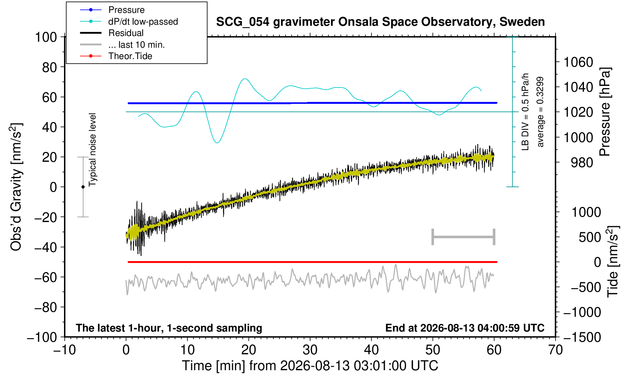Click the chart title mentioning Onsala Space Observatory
pyautogui.click(x=380, y=22)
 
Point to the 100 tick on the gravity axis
pyautogui.click(x=46, y=37)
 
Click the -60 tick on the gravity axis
pyautogui.click(x=46, y=277)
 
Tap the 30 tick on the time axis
pyautogui.click(x=310, y=350)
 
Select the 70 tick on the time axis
pyautogui.click(x=555, y=350)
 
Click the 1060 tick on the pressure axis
pyautogui.click(x=578, y=62)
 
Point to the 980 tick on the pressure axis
pyautogui.click(x=582, y=163)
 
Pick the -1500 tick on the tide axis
pyautogui.click(x=582, y=337)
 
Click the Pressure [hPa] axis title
pyautogui.click(x=605, y=112)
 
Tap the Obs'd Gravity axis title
pyautogui.click(x=16, y=187)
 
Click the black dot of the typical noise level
pyautogui.click(x=83, y=187)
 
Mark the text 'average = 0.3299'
pyautogui.click(x=540, y=112)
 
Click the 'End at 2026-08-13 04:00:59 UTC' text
pyautogui.click(x=465, y=328)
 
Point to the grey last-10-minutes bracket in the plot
pyautogui.click(x=464, y=237)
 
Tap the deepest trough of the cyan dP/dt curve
pyautogui.click(x=217, y=142)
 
